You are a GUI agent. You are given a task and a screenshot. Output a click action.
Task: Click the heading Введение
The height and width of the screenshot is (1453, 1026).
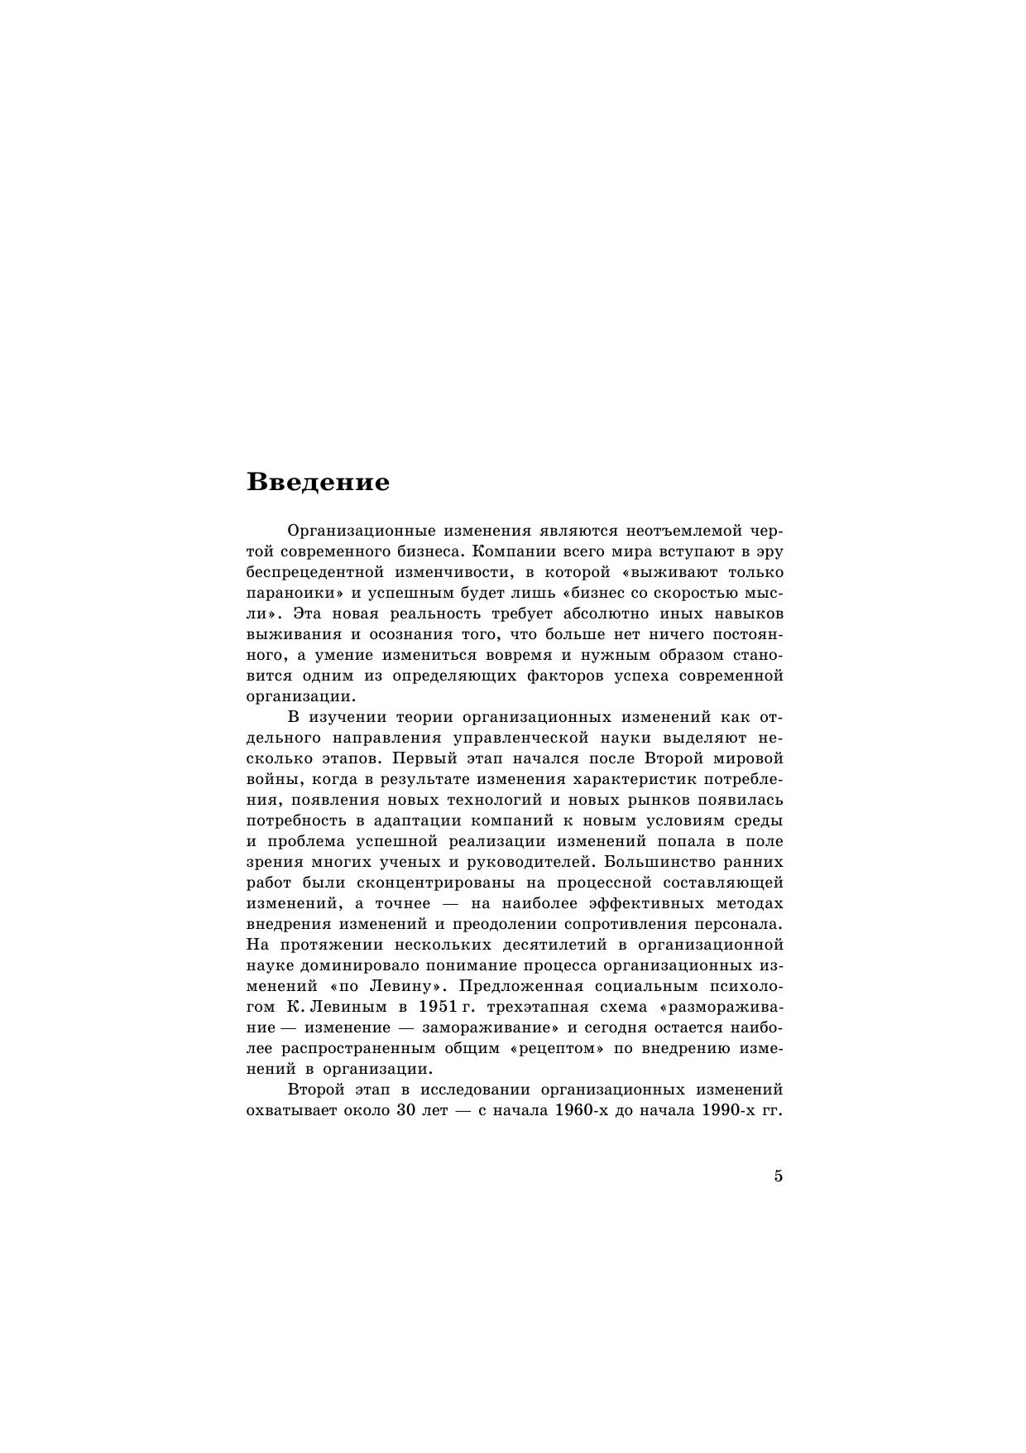tap(318, 482)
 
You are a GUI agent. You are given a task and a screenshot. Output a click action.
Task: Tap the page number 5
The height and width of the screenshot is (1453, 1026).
tap(778, 1176)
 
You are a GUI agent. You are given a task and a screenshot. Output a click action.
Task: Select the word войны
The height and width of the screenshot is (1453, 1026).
tap(269, 779)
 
